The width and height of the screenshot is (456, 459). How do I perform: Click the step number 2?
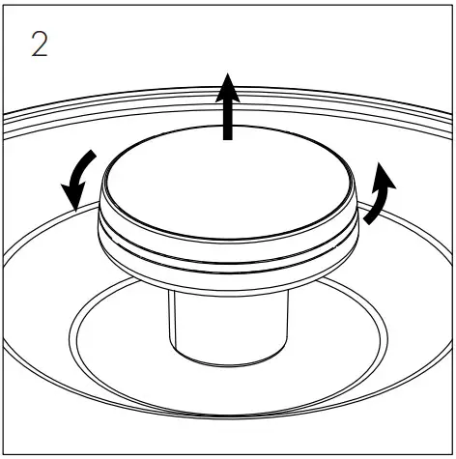tap(39, 44)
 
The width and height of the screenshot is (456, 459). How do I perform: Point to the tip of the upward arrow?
tap(228, 73)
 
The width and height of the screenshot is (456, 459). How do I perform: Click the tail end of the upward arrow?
tap(228, 139)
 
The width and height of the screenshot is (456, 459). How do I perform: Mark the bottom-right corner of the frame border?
tap(452, 455)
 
